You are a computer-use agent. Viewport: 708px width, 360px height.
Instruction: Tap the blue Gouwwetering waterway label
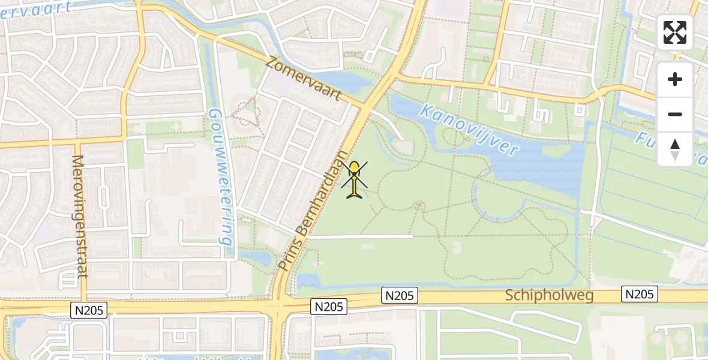[x=221, y=178]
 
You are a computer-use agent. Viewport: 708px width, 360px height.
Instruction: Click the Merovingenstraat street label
[x=80, y=216]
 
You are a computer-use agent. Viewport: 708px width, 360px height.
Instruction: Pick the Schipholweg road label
[x=549, y=295]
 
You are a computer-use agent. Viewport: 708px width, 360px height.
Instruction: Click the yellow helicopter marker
[x=355, y=179]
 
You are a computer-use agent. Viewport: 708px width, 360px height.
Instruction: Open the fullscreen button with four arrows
[x=675, y=32]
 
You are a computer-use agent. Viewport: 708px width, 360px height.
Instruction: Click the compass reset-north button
[x=675, y=149]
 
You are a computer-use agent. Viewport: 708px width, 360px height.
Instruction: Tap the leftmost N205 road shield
[x=89, y=310]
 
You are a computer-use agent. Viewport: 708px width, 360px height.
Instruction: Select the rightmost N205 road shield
[x=640, y=294]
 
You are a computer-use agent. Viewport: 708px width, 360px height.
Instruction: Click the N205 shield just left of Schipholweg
[x=400, y=295]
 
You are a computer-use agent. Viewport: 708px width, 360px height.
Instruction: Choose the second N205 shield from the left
[x=329, y=307]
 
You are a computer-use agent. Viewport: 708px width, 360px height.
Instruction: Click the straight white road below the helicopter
[x=360, y=236]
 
